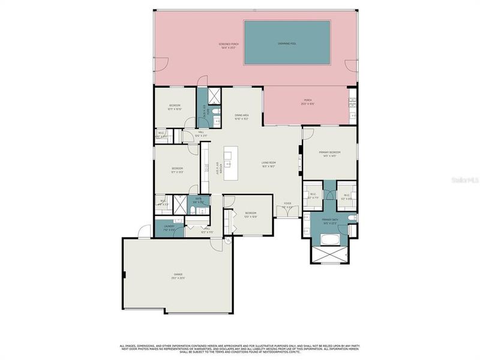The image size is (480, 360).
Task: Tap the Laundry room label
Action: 169,226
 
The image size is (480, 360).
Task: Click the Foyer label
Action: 287,203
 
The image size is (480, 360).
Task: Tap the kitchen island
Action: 229,162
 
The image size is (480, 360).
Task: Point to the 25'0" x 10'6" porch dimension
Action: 308,104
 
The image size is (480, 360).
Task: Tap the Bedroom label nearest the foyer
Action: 250,213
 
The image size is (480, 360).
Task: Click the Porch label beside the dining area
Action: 308,100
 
